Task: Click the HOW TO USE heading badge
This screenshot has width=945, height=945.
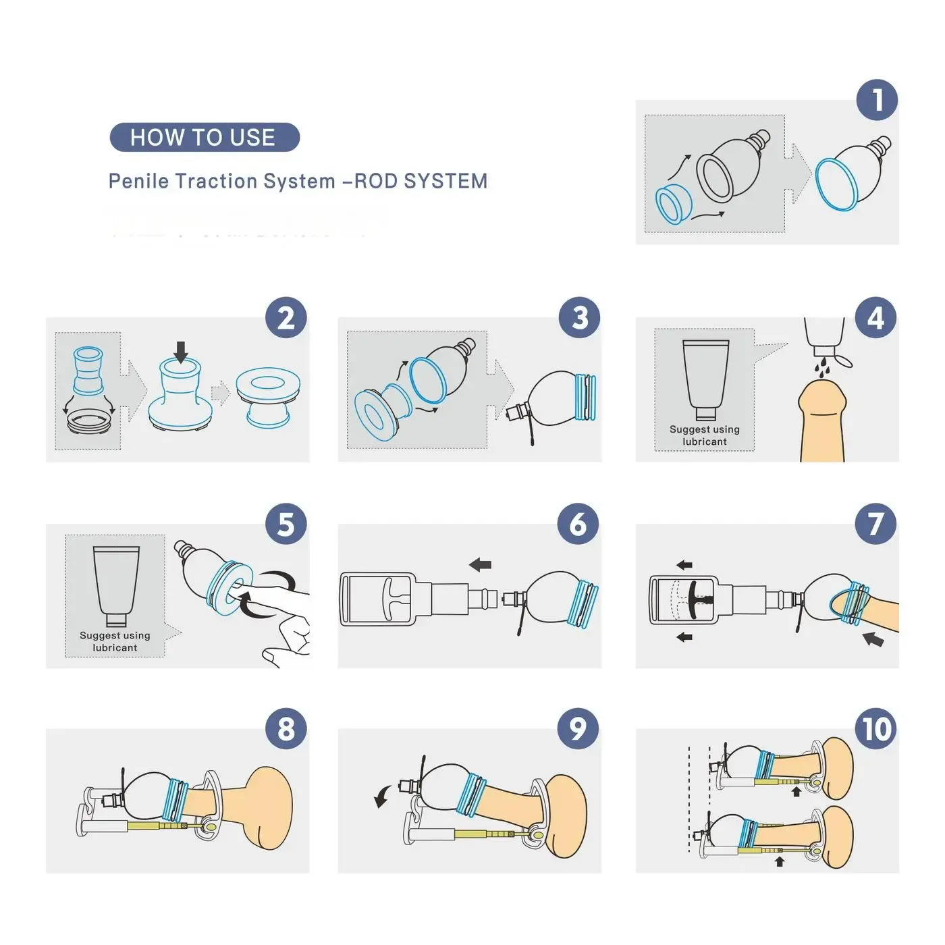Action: pyautogui.click(x=204, y=138)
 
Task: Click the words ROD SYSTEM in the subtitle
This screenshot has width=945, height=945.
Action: pyautogui.click(x=420, y=181)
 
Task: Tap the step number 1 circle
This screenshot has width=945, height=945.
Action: pyautogui.click(x=877, y=101)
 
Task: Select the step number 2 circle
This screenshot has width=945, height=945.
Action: pyautogui.click(x=286, y=318)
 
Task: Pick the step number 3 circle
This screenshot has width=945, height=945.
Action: pyautogui.click(x=579, y=318)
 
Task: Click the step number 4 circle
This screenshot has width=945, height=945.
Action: pyautogui.click(x=875, y=318)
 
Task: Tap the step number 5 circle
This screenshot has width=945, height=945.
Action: pyautogui.click(x=286, y=524)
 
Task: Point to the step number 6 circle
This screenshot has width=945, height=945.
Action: pyautogui.click(x=578, y=524)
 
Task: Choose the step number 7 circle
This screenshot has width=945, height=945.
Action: pyautogui.click(x=875, y=524)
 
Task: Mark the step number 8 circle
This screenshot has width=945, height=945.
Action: pyautogui.click(x=286, y=729)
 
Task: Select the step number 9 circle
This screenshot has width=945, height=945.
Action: pyautogui.click(x=578, y=729)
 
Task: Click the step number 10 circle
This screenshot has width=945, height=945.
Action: pyautogui.click(x=876, y=729)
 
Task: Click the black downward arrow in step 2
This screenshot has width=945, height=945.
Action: pyautogui.click(x=180, y=352)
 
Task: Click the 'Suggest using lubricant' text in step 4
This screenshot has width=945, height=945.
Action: pyautogui.click(x=704, y=435)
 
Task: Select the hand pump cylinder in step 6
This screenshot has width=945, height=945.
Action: pyautogui.click(x=385, y=599)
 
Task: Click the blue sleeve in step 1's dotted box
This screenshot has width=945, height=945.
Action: pyautogui.click(x=674, y=204)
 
